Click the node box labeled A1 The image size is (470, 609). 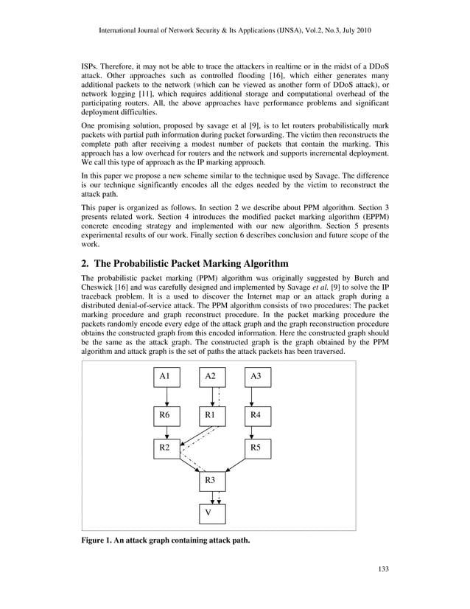tap(167, 377)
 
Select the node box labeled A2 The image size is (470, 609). tap(211, 377)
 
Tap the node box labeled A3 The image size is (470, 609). tap(256, 377)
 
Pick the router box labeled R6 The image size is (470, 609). tap(167, 416)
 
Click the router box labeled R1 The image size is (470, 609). tap(211, 416)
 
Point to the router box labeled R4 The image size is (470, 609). tap(256, 416)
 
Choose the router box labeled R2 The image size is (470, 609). tap(167, 448)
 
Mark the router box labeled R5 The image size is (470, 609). tap(256, 448)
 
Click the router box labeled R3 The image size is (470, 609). tap(211, 481)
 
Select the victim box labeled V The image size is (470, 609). tap(211, 513)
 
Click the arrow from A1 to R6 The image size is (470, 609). tap(167, 397)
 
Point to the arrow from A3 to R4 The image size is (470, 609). tap(254, 397)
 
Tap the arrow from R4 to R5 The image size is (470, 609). tap(254, 432)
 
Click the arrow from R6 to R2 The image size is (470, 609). tap(167, 432)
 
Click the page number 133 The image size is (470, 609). tap(381, 568)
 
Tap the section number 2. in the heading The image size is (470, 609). tap(85, 263)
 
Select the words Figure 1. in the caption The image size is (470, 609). tap(99, 540)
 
